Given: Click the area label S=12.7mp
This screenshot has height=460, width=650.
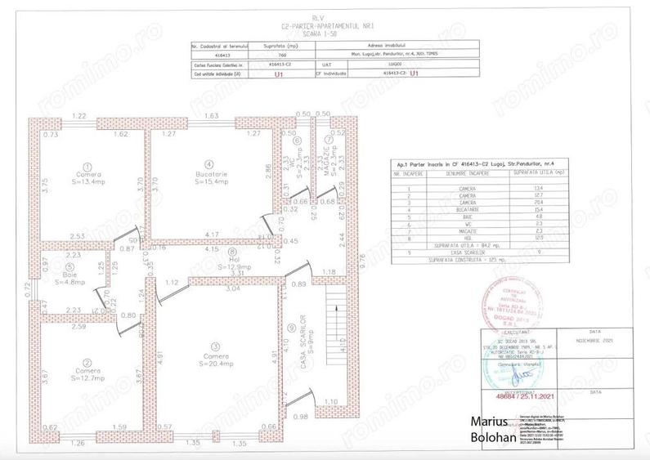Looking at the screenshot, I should click(x=87, y=378).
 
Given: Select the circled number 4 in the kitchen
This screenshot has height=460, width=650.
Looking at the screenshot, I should click(x=209, y=163).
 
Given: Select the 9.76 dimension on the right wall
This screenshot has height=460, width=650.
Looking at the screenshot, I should click(x=363, y=260).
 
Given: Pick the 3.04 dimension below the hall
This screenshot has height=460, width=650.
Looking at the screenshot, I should click(x=232, y=289).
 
